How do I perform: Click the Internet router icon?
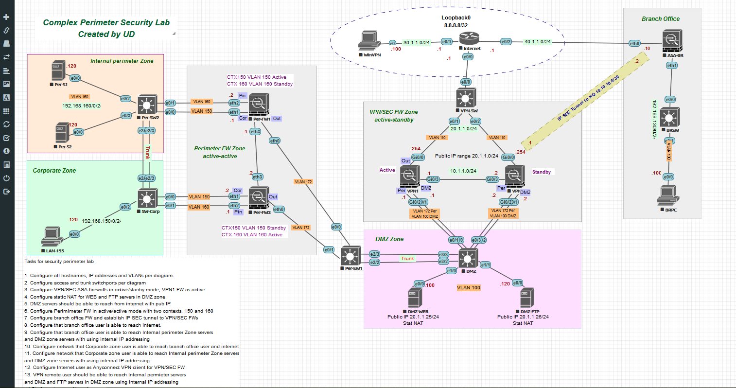point(470,38)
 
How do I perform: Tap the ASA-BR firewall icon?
point(672,40)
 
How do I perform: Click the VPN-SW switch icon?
point(466,98)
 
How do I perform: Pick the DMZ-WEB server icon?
point(415,298)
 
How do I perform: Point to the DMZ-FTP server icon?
point(527,298)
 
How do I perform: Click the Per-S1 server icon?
point(58,71)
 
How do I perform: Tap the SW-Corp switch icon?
point(147,198)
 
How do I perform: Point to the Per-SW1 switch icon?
point(350,256)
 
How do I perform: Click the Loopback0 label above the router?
point(456,18)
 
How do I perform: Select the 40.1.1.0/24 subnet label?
point(537,42)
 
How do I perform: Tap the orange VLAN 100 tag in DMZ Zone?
point(468,288)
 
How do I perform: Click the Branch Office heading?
point(660,19)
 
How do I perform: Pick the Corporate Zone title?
point(54,171)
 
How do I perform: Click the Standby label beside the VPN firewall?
point(541,172)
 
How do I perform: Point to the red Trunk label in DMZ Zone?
point(407,259)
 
